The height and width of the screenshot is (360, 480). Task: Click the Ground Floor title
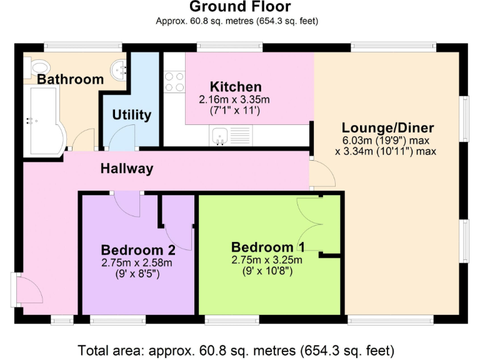tap(239, 7)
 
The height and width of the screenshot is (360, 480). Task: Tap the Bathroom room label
tap(70, 79)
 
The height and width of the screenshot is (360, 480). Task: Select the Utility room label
tap(131, 115)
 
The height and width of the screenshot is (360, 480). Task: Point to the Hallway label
tap(127, 169)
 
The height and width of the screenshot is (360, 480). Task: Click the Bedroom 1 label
tap(271, 247)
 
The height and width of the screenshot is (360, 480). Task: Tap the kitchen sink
tap(219, 136)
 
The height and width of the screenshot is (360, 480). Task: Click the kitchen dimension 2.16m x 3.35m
tap(234, 99)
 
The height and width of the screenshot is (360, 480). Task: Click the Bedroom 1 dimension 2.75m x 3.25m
tap(267, 260)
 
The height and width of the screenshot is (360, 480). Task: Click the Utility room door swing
tap(123, 136)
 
